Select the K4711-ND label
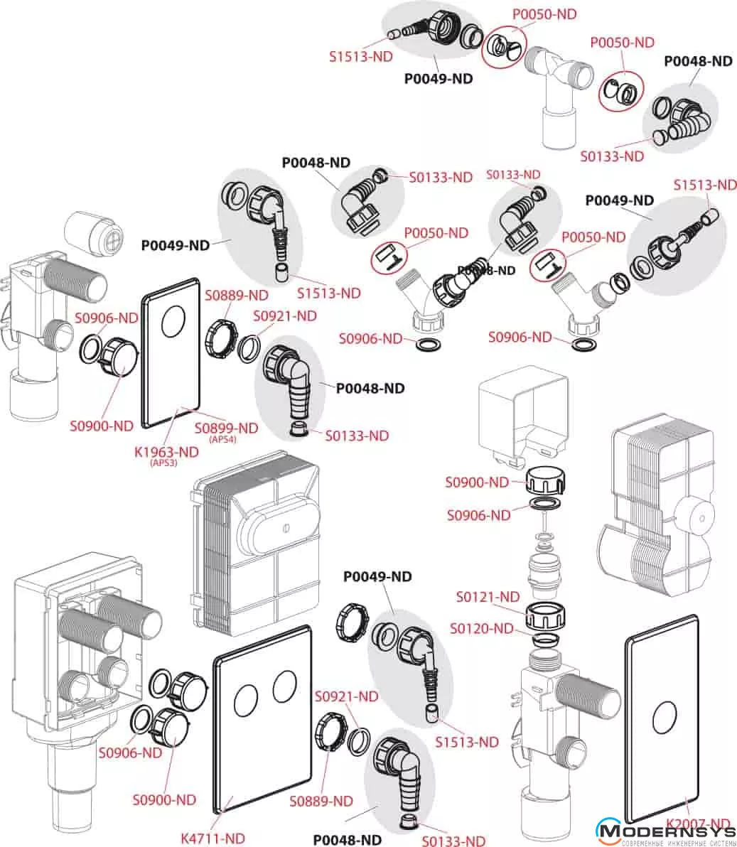213,838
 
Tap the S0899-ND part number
227,428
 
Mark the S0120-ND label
481,628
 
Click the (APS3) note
164,464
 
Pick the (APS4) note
222,440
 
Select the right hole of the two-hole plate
284,684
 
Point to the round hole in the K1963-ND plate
173,323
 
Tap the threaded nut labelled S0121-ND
544,615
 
